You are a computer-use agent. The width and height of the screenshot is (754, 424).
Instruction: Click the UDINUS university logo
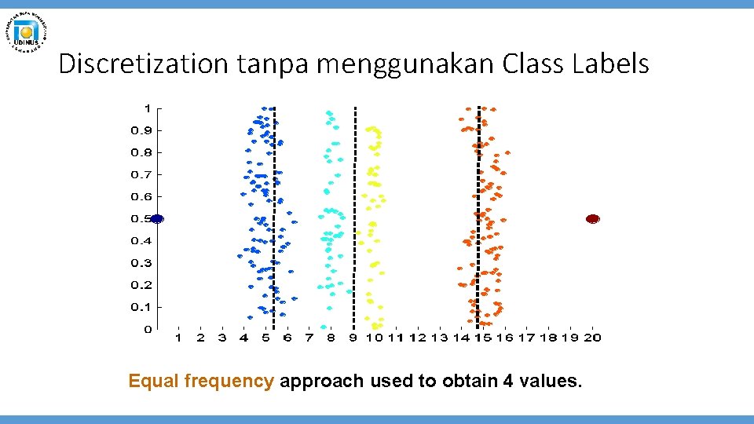click(27, 32)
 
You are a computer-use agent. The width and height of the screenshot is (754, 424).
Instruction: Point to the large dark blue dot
click(156, 219)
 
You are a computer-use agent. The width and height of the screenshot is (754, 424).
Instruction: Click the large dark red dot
click(593, 219)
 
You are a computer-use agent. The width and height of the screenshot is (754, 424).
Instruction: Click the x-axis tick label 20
click(592, 338)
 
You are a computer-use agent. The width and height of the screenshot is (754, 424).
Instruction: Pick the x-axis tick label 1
click(178, 338)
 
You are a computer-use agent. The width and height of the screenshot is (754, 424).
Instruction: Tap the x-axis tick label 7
click(309, 338)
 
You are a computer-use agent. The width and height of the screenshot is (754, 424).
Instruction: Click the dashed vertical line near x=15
click(479, 220)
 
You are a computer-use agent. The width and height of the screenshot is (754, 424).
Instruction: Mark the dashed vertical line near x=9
click(354, 220)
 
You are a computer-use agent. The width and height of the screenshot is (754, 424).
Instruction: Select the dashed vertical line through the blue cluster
click(274, 220)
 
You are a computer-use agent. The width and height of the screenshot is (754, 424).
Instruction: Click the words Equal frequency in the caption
click(201, 382)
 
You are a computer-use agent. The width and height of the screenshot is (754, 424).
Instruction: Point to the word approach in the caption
click(322, 382)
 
